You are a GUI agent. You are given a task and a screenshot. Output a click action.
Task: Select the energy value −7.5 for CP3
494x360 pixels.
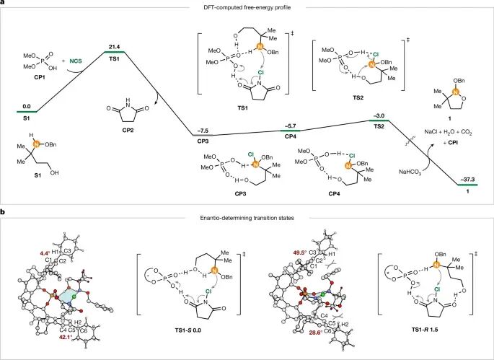pyautogui.click(x=204, y=129)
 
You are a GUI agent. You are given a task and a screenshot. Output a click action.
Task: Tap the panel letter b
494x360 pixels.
pyautogui.click(x=4, y=212)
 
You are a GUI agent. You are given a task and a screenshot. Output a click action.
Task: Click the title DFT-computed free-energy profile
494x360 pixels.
pyautogui.click(x=247, y=7)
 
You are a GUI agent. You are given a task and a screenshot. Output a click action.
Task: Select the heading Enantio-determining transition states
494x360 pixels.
pyautogui.click(x=247, y=216)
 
